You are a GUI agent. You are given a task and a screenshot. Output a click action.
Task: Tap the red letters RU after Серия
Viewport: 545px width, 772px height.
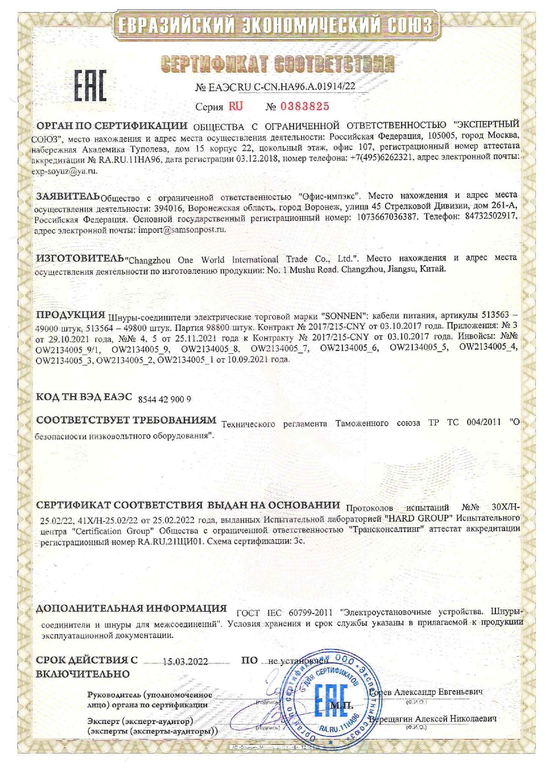tap(235, 107)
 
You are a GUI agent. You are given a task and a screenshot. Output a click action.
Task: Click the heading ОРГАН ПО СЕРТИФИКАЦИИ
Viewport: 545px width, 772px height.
tap(112, 125)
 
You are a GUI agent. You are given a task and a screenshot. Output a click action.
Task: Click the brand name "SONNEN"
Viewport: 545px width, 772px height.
tap(345, 316)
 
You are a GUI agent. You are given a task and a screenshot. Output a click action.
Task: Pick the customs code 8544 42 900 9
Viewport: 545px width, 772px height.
tap(164, 399)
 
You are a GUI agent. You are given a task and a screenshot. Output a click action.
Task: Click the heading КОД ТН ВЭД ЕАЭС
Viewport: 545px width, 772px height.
tap(84, 397)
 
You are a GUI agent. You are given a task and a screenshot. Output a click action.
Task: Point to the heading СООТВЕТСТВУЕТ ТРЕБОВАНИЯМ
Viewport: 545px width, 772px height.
tap(126, 420)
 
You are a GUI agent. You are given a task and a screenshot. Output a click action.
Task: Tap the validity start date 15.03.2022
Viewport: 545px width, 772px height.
tap(185, 662)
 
